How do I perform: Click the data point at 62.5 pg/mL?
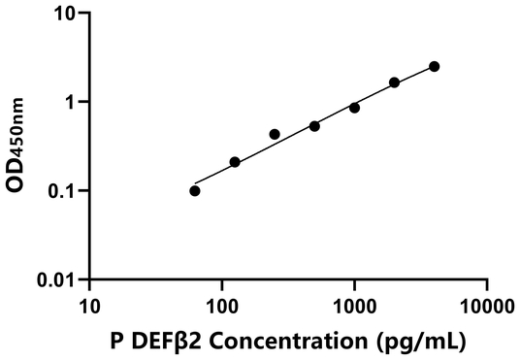coord(195,190)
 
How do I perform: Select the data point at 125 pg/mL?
coord(235,162)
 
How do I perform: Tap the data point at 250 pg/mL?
coord(275,134)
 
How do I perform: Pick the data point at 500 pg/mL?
coord(314,126)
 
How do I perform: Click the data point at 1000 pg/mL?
coord(354,108)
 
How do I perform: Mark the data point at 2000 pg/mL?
coord(394,82)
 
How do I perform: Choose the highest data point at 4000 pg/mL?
coord(434,66)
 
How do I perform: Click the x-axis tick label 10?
coord(89,305)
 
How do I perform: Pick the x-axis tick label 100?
coord(221,305)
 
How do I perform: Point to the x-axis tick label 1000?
coord(354,305)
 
